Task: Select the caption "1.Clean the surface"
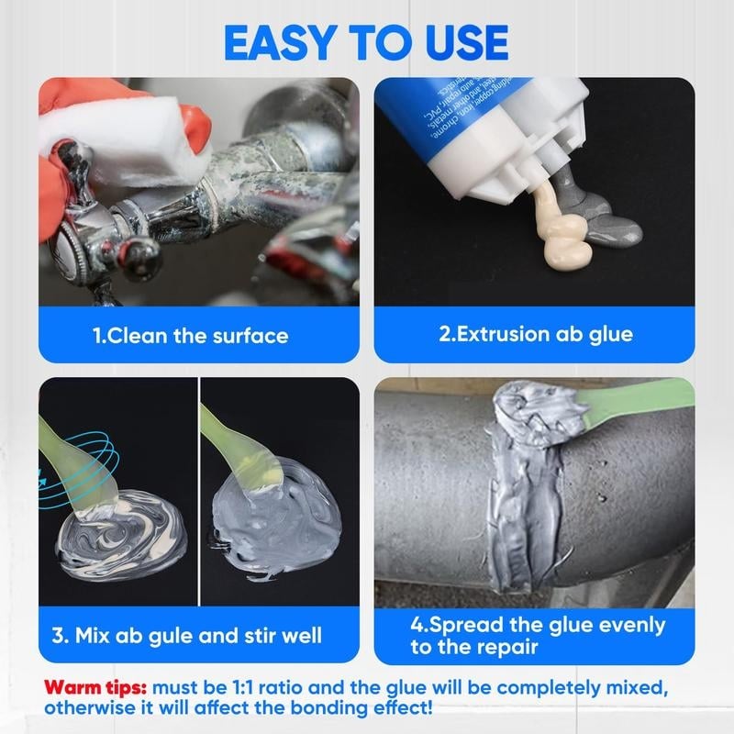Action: pyautogui.click(x=190, y=335)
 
